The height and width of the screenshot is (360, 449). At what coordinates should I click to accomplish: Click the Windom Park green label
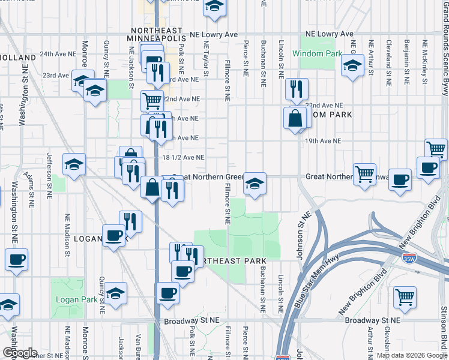(317, 53)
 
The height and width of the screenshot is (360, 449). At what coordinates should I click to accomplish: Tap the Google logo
(20, 353)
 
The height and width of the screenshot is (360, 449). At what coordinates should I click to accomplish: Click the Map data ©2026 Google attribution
(412, 356)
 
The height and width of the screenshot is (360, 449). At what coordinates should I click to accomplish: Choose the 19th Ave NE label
(322, 141)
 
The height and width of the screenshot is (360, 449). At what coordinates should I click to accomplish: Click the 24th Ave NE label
(58, 54)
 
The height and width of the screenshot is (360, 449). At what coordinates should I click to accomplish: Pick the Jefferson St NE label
(49, 175)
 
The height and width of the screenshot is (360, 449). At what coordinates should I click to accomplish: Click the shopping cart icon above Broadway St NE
(405, 296)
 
